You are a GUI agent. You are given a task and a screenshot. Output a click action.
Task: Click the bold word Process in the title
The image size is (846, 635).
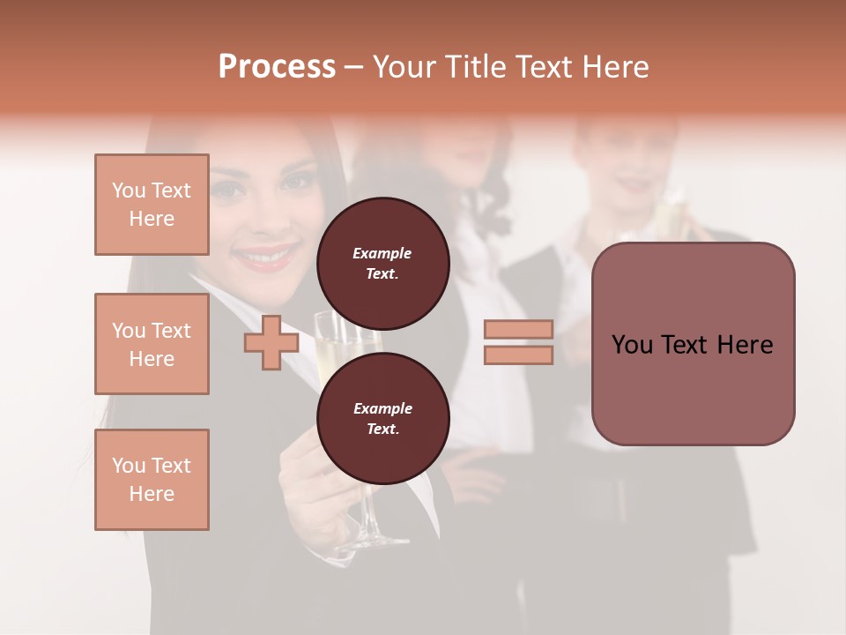click(277, 67)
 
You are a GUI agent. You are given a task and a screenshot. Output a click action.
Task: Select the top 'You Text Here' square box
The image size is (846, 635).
click(152, 205)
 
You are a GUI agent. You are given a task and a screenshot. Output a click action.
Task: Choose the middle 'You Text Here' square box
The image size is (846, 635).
click(152, 344)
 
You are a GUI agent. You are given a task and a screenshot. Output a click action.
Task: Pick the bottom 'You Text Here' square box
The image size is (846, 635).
click(152, 480)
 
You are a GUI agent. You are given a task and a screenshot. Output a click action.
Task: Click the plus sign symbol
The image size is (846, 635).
click(271, 342)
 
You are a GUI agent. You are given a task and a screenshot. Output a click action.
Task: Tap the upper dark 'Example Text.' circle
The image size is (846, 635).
click(382, 263)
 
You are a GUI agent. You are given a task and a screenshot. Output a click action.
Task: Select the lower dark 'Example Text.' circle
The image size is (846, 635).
click(382, 418)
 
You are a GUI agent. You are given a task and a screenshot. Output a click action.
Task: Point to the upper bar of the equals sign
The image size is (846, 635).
click(518, 329)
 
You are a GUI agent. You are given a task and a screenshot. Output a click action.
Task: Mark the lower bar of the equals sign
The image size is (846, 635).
click(518, 355)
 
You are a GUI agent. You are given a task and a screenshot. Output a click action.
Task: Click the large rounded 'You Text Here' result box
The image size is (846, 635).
click(693, 344)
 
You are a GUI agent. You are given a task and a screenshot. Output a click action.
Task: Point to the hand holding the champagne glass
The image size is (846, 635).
click(308, 494)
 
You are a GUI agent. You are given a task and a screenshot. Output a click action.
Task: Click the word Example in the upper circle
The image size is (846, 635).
click(382, 253)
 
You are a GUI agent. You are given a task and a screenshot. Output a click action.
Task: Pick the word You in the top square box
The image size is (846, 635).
click(129, 190)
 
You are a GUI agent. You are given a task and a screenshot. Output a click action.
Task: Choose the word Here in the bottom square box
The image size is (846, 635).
click(152, 494)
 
